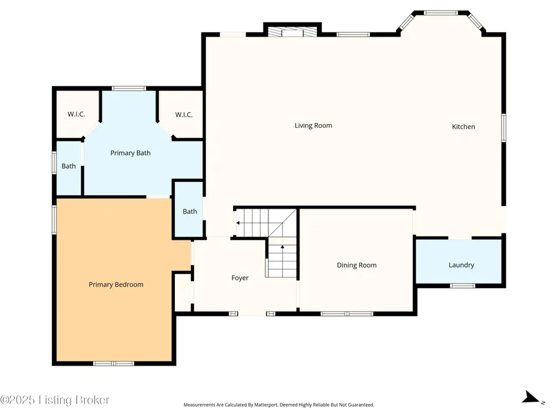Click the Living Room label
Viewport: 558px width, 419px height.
click(313, 125)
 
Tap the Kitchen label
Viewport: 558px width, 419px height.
click(463, 127)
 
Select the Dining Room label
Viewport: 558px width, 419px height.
click(356, 265)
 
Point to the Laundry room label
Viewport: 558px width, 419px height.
click(461, 265)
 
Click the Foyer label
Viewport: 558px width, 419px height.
click(240, 278)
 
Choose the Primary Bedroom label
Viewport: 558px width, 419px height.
click(116, 284)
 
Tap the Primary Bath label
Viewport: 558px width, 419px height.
click(130, 153)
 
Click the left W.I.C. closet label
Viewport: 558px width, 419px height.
click(76, 115)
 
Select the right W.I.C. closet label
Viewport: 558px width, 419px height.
click(184, 115)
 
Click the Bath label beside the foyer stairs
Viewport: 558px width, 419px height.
click(190, 212)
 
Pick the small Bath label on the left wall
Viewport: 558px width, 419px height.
click(69, 166)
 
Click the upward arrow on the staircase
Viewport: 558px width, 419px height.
click(283, 247)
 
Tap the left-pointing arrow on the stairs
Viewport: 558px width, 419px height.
click(237, 222)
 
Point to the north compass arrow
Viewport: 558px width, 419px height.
click(531, 397)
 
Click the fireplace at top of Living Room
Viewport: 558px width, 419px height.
click(291, 31)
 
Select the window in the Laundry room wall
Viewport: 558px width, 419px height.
click(462, 286)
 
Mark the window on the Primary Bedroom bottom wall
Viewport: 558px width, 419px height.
click(113, 363)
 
